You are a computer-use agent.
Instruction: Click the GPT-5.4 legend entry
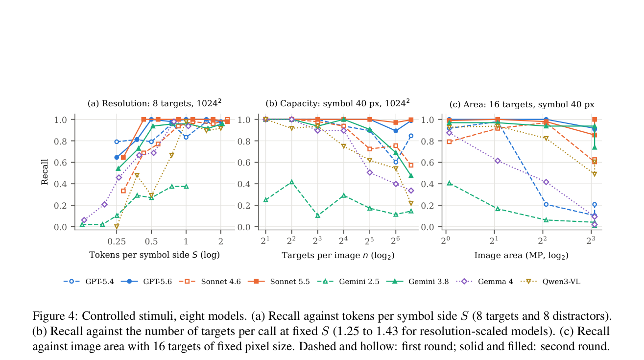(89, 282)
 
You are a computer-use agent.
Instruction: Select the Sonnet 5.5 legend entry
(279, 282)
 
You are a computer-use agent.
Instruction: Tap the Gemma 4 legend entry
(485, 282)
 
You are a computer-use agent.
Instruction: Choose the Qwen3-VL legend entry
(550, 282)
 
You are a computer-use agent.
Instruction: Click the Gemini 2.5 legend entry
(348, 282)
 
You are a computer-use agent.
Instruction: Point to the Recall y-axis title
(45, 171)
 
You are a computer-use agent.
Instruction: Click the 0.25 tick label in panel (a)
(117, 241)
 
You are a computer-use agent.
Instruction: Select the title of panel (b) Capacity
(337, 103)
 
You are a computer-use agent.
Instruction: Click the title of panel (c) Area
(522, 104)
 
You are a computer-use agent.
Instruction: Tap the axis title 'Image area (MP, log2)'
(521, 255)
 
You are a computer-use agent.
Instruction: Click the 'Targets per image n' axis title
(338, 255)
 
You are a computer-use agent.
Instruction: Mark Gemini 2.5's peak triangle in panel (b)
(291, 182)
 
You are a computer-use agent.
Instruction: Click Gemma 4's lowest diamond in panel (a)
(84, 220)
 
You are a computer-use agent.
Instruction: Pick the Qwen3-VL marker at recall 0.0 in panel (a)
(117, 227)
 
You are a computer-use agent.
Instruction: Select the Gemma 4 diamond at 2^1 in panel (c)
(498, 161)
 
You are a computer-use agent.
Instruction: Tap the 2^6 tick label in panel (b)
(395, 240)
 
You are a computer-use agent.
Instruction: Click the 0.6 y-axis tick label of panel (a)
(60, 163)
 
